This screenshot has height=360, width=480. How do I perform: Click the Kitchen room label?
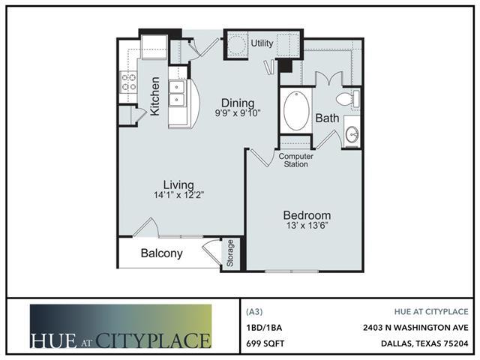point(155,96)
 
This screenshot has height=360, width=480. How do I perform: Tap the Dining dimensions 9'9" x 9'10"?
point(238,113)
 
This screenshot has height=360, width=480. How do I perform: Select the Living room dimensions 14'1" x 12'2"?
point(178,195)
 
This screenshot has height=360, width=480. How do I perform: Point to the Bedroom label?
point(307,215)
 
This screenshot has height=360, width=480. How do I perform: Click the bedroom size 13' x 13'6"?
point(307,226)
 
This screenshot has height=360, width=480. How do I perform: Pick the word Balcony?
point(162,253)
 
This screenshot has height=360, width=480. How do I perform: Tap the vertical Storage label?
point(230,253)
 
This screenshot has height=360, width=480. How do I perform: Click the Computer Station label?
point(295,160)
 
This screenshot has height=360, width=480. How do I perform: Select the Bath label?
point(327,118)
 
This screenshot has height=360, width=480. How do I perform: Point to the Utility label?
point(262,43)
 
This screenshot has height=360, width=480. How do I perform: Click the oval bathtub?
point(296,110)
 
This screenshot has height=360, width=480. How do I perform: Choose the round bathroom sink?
point(352,133)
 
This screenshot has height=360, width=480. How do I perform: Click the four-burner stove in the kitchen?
point(128,82)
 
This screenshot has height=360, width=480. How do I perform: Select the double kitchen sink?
point(177,93)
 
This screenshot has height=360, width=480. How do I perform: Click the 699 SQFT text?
point(265,343)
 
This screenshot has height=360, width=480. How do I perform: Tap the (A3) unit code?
point(254,312)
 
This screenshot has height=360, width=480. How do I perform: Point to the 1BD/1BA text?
point(264,328)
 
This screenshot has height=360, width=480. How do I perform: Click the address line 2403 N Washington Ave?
point(415,328)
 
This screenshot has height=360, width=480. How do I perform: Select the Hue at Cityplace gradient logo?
point(121,326)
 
